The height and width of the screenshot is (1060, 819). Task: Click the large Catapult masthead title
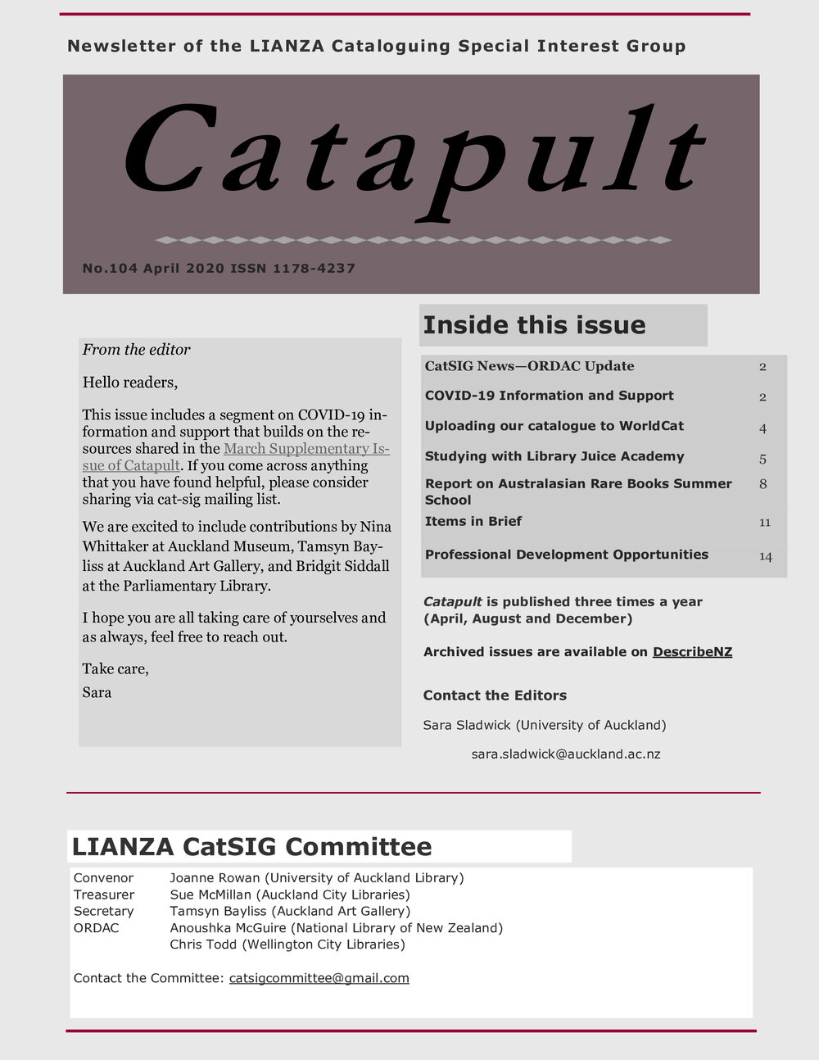(414, 160)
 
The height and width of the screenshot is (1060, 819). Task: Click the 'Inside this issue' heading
(534, 325)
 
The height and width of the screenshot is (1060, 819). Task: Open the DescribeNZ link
(692, 652)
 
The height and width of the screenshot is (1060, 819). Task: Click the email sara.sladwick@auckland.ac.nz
(565, 754)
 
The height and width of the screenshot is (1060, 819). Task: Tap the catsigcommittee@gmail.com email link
(319, 978)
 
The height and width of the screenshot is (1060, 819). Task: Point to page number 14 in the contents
(765, 556)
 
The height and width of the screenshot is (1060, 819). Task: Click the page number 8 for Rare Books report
(762, 484)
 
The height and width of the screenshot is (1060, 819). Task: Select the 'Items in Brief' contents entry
(473, 522)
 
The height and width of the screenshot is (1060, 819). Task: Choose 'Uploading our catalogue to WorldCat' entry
(554, 426)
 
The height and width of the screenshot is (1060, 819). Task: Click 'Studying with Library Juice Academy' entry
(554, 456)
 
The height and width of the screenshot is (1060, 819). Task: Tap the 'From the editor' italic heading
(136, 350)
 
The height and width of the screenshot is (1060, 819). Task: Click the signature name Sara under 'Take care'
(97, 693)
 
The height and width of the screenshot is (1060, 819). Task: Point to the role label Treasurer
(103, 895)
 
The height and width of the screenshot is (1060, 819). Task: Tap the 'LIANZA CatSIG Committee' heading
(251, 846)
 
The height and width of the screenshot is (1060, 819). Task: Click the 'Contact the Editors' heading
(495, 695)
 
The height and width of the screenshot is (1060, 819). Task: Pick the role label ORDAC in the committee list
(96, 928)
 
